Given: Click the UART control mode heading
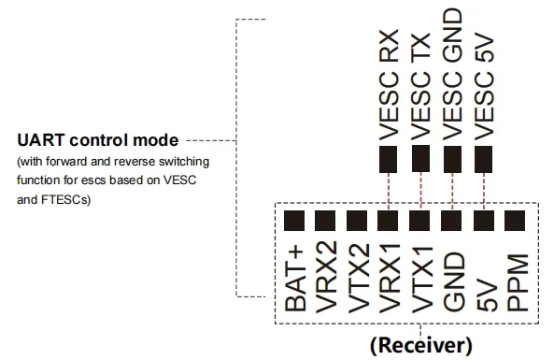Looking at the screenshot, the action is (98, 140).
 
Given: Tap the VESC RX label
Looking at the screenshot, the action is (389, 86).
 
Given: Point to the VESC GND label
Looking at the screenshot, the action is (452, 75).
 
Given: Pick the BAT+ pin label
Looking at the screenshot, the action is (295, 279).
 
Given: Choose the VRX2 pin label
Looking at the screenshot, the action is (326, 278).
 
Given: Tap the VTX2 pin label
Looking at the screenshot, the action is (359, 279).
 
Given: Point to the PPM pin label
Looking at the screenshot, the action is (518, 282).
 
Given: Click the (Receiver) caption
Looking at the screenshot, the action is (420, 345).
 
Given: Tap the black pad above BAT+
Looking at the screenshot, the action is (294, 221).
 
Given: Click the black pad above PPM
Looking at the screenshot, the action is (515, 221).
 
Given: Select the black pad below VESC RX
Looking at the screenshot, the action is (388, 160).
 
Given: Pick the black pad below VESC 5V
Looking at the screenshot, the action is (483, 160).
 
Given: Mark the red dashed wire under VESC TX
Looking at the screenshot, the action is (420, 192).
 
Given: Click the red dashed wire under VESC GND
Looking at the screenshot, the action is (452, 192).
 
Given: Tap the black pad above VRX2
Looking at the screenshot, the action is (325, 221).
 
